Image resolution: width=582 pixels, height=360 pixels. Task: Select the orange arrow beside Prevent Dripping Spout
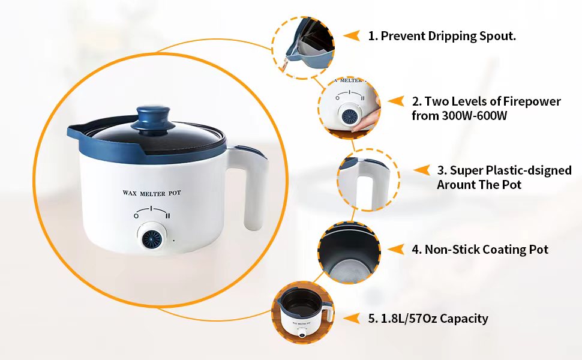(x=351, y=35)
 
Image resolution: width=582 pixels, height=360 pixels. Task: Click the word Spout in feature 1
(x=497, y=36)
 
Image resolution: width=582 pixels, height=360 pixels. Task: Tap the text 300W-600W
(x=460, y=116)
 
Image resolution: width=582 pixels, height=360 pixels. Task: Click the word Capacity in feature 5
(x=464, y=319)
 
